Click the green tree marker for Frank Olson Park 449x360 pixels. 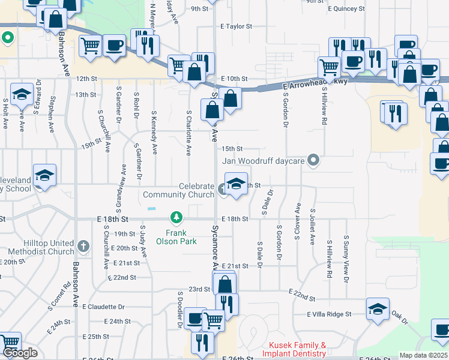[x=176, y=216]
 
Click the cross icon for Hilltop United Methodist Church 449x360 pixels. [x=83, y=246]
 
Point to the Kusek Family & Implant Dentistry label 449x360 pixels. [x=297, y=349]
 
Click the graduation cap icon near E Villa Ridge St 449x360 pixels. [x=377, y=310]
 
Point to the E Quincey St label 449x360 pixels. [x=346, y=9]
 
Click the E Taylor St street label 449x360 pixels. [x=236, y=27]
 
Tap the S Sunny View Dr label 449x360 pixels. [x=346, y=255]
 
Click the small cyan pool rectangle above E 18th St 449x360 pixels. [x=152, y=208]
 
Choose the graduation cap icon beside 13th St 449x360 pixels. [x=22, y=95]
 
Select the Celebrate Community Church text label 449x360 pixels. [x=178, y=191]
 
